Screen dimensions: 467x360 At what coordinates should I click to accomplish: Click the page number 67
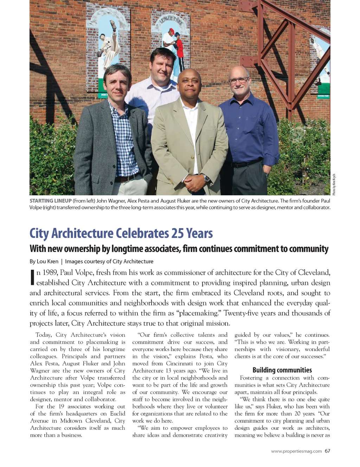pos(327,451)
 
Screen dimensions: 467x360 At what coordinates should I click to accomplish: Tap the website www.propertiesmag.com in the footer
pos(296,451)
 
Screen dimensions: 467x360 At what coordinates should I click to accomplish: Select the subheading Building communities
pos(282,370)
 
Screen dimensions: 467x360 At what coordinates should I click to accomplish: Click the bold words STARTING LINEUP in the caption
pos(51,201)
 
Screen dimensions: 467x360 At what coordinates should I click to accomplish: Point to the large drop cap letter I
pos(32,277)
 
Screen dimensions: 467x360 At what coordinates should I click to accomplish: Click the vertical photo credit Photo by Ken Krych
pos(334,184)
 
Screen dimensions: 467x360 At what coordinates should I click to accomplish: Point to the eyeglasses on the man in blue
pos(239,80)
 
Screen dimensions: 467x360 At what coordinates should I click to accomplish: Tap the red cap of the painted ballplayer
pos(171,31)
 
